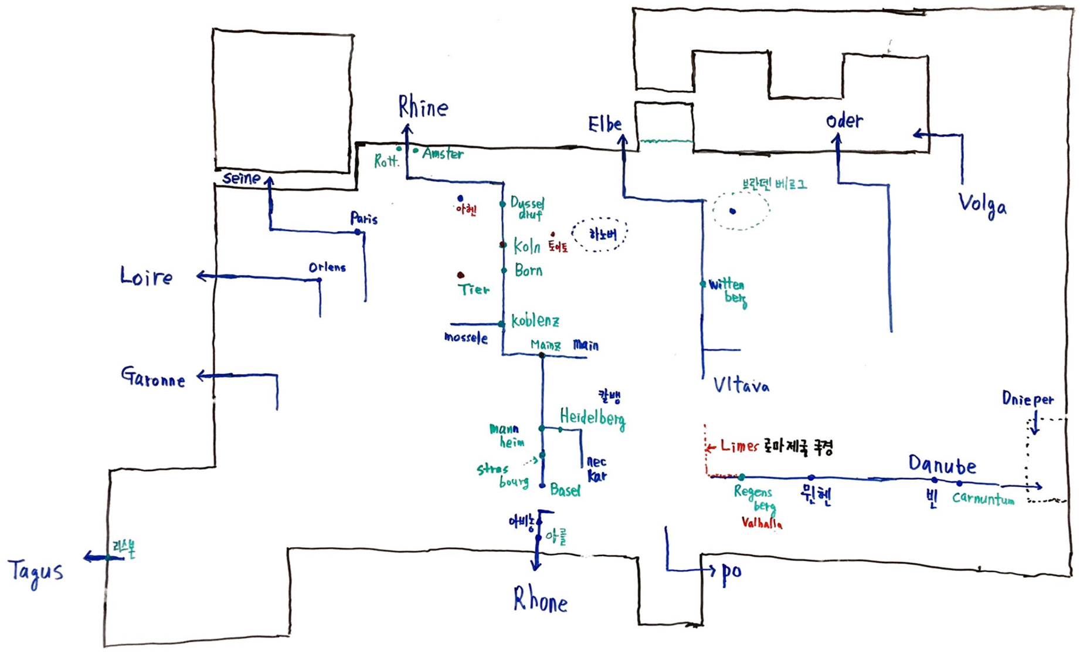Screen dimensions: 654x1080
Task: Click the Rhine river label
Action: pyautogui.click(x=423, y=107)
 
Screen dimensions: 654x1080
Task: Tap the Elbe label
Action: pyautogui.click(x=604, y=124)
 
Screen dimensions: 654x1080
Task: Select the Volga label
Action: pyautogui.click(x=982, y=205)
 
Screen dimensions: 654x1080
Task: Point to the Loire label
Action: pyautogui.click(x=147, y=276)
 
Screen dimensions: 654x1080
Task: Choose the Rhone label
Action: pyautogui.click(x=540, y=600)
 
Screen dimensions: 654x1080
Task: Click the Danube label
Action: pyautogui.click(x=942, y=465)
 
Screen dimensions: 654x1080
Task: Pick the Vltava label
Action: pyautogui.click(x=741, y=385)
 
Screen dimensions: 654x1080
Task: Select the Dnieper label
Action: pyautogui.click(x=1027, y=399)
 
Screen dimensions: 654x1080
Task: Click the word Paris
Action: pyautogui.click(x=364, y=219)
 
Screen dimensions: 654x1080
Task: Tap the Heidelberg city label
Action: pyautogui.click(x=592, y=418)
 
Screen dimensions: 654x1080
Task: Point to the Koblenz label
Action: pyautogui.click(x=535, y=321)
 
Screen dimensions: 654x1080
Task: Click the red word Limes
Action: pyautogui.click(x=739, y=446)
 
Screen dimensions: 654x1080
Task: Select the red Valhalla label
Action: pyautogui.click(x=762, y=523)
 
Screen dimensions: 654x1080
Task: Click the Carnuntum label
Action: pyautogui.click(x=983, y=499)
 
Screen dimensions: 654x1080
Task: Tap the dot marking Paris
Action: pyautogui.click(x=358, y=232)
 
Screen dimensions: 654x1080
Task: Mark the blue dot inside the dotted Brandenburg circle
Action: pyautogui.click(x=732, y=211)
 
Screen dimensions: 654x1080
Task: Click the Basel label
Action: pyautogui.click(x=565, y=490)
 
